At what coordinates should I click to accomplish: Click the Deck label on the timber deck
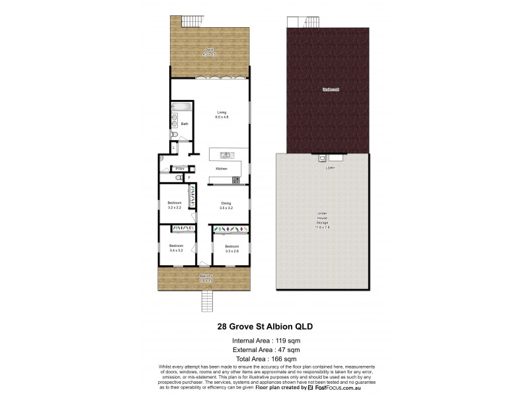pyautogui.click(x=209, y=51)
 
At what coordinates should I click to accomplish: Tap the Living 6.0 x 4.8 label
pyautogui.click(x=222, y=114)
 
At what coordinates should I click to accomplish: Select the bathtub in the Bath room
pyautogui.click(x=181, y=107)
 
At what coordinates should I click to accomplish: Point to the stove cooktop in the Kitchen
pyautogui.click(x=236, y=179)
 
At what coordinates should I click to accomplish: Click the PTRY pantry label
pyautogui.click(x=179, y=169)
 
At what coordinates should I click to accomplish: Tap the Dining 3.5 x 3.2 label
pyautogui.click(x=225, y=205)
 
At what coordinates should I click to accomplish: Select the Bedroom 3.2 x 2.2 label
pyautogui.click(x=174, y=204)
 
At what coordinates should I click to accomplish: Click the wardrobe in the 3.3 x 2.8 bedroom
pyautogui.click(x=229, y=230)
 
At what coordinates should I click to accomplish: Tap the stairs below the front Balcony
pyautogui.click(x=206, y=302)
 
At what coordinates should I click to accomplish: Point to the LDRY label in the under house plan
pyautogui.click(x=330, y=167)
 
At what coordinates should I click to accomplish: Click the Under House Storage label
pyautogui.click(x=322, y=218)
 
